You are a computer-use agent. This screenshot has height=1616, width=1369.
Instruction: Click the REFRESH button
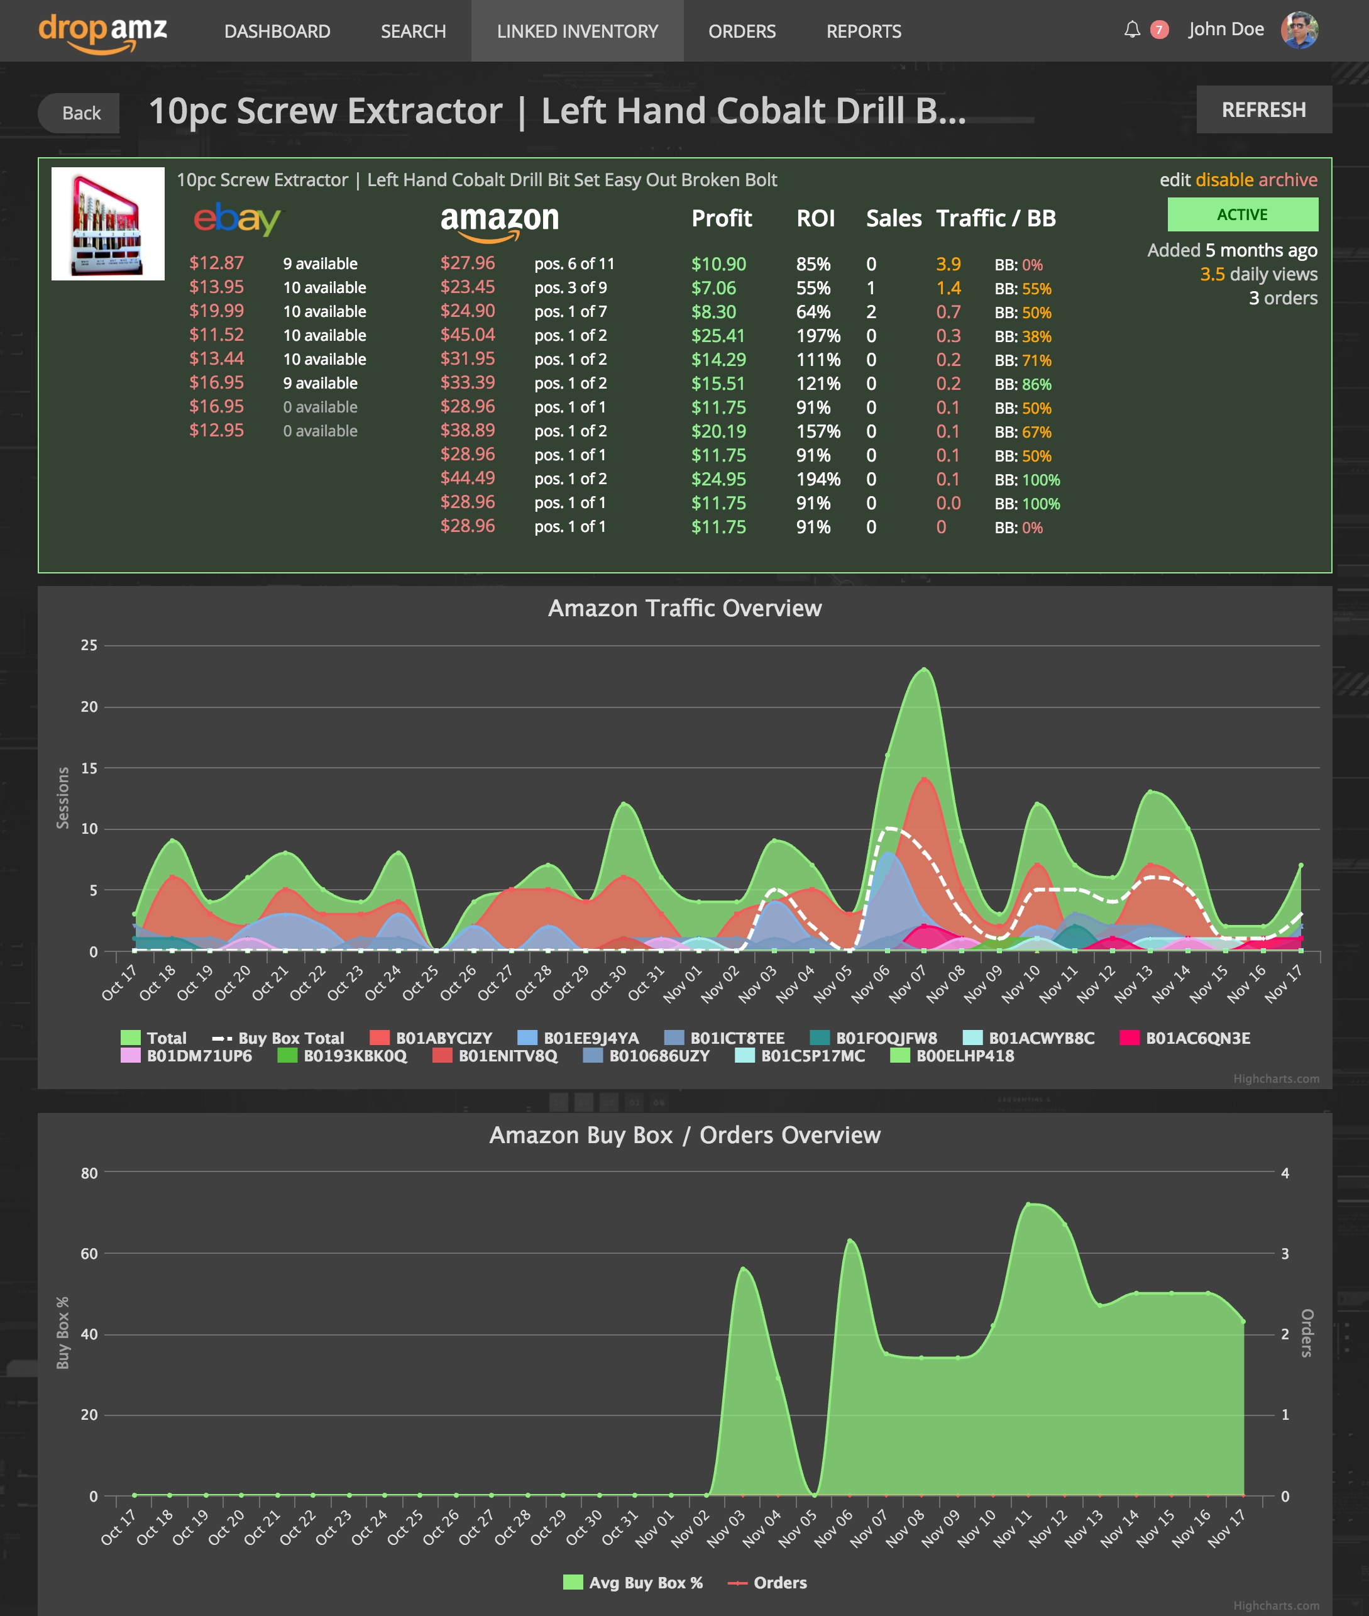[1263, 110]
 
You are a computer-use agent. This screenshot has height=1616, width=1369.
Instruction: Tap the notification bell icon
[1131, 30]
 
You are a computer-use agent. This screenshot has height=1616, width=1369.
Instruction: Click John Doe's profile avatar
[1299, 30]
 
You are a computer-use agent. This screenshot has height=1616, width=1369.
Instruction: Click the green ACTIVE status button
[1242, 215]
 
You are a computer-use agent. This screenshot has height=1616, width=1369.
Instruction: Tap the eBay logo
[237, 219]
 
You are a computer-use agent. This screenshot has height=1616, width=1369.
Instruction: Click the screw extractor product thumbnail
[108, 224]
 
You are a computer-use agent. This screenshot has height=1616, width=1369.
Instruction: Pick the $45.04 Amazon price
[467, 335]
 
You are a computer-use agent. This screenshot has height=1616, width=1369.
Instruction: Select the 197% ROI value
[818, 336]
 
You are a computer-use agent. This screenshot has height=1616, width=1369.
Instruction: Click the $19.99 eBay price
[216, 311]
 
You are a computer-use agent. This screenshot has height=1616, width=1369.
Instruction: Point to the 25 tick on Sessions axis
[89, 645]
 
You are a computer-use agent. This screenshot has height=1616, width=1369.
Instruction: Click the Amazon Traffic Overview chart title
[684, 608]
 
